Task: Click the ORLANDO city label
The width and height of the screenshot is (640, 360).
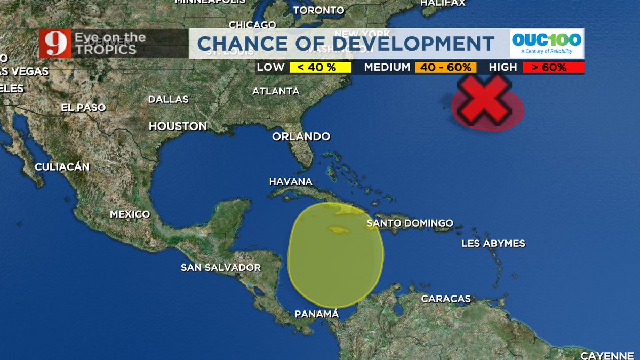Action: (301, 137)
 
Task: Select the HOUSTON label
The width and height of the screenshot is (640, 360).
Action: (178, 126)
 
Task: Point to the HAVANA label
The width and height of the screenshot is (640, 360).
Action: (290, 182)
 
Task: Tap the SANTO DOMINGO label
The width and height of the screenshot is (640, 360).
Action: (410, 223)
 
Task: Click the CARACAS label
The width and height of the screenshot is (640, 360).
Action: (446, 299)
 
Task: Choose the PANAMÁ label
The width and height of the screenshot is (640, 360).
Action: (317, 314)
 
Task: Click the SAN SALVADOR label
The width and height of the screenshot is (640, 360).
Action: (221, 267)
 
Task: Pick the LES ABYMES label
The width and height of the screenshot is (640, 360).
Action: (493, 244)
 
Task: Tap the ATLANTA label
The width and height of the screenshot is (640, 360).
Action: (276, 91)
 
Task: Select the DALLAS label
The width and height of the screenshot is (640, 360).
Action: (168, 99)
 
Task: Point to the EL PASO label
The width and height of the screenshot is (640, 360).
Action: (83, 107)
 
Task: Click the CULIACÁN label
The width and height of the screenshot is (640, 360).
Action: (62, 167)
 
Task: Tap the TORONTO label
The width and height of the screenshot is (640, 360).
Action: (318, 10)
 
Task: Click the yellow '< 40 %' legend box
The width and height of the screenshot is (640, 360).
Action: (320, 68)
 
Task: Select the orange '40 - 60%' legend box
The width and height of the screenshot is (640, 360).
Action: (445, 68)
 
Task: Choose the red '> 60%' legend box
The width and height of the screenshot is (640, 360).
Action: (553, 68)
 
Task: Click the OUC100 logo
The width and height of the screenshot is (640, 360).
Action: (546, 43)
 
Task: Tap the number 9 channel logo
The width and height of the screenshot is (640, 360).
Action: (53, 44)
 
